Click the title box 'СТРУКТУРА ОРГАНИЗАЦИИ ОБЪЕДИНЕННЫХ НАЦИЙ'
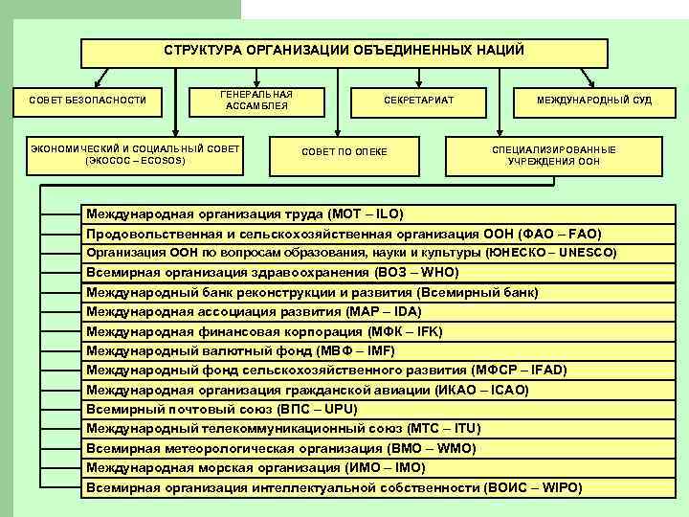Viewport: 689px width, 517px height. pyautogui.click(x=344, y=51)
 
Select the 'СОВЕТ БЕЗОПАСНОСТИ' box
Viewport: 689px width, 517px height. pyautogui.click(x=87, y=100)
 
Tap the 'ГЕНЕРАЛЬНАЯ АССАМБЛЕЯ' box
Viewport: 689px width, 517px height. pyautogui.click(x=256, y=101)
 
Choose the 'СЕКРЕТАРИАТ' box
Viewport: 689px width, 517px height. pyautogui.click(x=418, y=101)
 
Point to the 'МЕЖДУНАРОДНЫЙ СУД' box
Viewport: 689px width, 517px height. pyautogui.click(x=594, y=100)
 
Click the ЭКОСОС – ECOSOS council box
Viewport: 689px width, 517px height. pyautogui.click(x=135, y=155)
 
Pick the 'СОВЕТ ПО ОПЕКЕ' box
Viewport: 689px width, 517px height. pyautogui.click(x=344, y=152)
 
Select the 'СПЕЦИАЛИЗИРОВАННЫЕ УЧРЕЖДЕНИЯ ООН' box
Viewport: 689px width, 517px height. pyautogui.click(x=554, y=156)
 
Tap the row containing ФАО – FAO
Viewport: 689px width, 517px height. pyautogui.click(x=344, y=234)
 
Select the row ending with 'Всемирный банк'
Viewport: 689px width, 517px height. pyautogui.click(x=312, y=292)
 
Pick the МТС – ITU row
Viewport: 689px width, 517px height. pyautogui.click(x=283, y=429)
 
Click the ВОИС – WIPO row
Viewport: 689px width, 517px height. pyautogui.click(x=334, y=487)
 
